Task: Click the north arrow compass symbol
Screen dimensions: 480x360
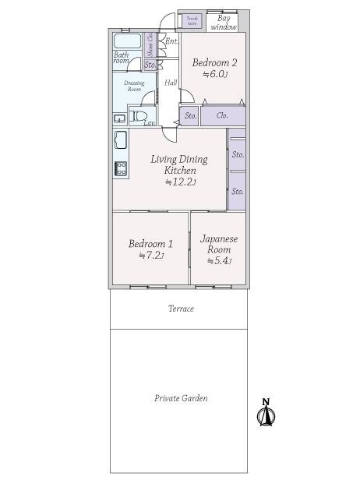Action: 266,413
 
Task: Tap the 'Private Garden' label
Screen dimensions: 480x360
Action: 180,398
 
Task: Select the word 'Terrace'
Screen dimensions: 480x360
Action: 181,309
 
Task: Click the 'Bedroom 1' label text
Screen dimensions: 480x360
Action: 150,243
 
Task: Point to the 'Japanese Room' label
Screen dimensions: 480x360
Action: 218,244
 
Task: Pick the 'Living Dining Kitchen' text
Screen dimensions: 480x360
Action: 179,164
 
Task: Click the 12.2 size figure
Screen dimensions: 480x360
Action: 180,182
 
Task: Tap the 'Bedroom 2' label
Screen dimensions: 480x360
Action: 214,62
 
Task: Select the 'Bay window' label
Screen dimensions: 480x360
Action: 227,22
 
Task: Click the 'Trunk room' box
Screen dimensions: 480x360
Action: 192,21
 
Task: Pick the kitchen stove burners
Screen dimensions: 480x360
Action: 121,168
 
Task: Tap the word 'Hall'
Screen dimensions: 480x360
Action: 171,83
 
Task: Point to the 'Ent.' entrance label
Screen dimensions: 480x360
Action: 171,41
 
